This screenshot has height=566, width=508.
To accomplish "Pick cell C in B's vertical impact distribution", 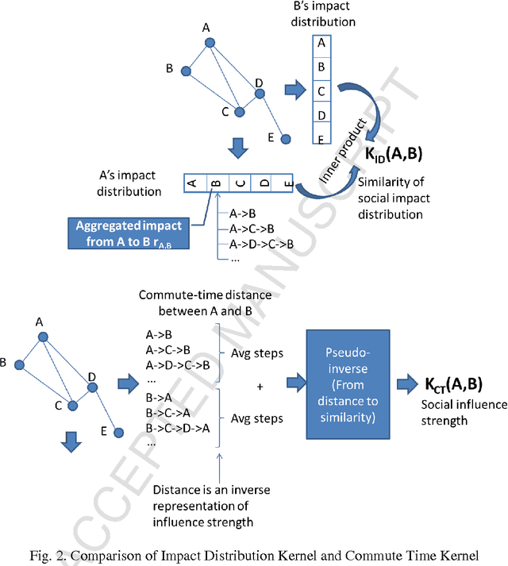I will pyautogui.click(x=321, y=90).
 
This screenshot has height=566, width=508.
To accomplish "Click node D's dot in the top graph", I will pyautogui.click(x=259, y=94).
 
